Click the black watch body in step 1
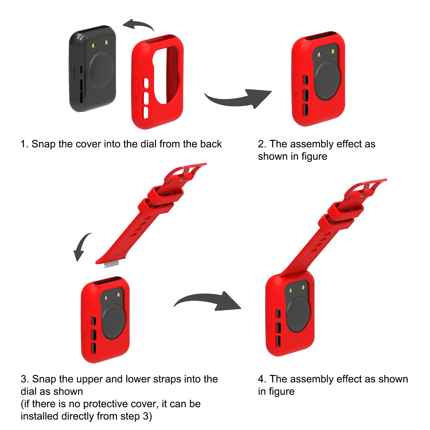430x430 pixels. pos(93,69)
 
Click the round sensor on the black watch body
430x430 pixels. pos(101,70)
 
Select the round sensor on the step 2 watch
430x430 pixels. pos(327,81)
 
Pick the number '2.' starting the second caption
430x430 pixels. pos(262,144)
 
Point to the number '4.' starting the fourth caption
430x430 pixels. pos(262,379)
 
